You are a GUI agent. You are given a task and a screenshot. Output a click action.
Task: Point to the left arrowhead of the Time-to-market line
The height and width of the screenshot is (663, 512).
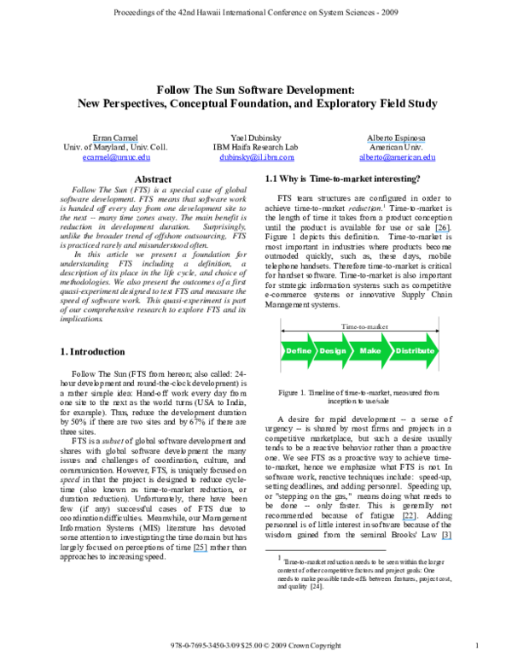point(283,331)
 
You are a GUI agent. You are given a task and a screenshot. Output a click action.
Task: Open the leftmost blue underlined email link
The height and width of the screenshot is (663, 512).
point(116,158)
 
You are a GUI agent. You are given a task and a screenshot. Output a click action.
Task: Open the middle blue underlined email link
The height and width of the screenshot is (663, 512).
point(256,158)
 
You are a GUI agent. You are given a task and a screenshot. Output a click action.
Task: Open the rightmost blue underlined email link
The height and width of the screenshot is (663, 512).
point(397,158)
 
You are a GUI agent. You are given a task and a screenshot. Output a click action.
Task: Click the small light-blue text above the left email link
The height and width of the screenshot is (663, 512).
point(115,142)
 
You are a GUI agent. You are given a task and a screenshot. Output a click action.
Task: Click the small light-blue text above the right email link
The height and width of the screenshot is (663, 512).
point(396,142)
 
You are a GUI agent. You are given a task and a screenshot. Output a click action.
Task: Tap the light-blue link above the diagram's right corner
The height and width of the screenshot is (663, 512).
point(441,232)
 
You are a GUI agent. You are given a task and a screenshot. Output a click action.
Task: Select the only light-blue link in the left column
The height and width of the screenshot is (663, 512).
point(201,552)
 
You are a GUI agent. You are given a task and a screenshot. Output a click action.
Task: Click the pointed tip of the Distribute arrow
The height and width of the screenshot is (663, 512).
point(438,351)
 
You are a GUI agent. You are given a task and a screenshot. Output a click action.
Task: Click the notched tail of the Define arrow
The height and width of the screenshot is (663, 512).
point(285,351)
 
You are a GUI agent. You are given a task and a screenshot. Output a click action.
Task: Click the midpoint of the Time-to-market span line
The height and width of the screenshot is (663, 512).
point(360,331)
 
